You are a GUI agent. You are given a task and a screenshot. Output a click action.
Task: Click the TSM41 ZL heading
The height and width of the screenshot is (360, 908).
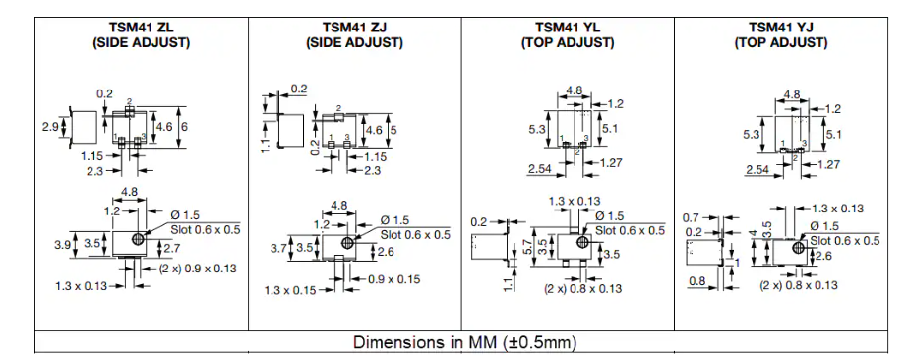click(142, 27)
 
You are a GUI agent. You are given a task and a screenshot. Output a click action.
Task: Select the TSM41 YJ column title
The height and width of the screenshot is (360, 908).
click(780, 27)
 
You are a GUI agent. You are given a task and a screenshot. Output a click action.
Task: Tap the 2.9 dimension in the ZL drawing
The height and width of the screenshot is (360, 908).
click(51, 126)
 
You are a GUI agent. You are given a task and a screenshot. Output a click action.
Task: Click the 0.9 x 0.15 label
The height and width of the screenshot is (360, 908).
click(393, 279)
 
